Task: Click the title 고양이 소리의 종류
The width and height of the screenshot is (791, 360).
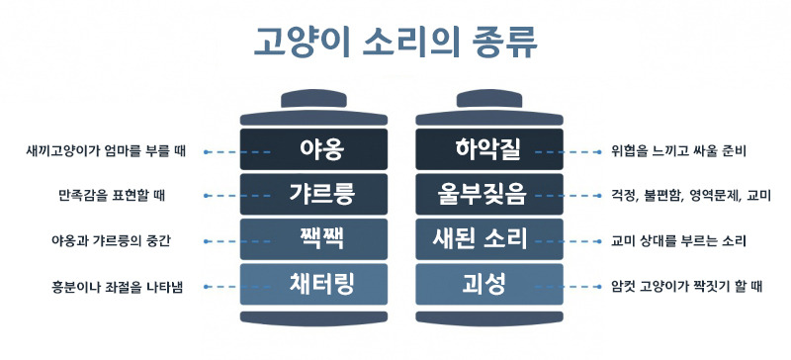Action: (395, 43)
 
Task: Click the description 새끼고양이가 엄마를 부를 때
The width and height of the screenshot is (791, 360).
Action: (106, 152)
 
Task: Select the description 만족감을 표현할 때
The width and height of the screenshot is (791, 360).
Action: (105, 195)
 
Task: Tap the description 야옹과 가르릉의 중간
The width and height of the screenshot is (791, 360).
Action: (105, 240)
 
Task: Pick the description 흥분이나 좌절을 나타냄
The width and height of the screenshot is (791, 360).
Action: (105, 287)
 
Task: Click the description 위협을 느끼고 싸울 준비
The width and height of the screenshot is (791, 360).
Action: (678, 152)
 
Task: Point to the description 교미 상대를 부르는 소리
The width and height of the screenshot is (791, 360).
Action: (680, 240)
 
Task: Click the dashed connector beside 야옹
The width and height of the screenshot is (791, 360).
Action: (237, 152)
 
